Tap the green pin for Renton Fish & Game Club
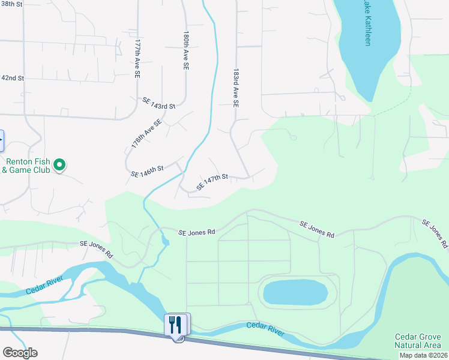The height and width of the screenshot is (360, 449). coord(59,164)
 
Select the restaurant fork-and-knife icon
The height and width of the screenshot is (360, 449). coord(176,324)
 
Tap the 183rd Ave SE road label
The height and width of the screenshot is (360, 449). coord(237,87)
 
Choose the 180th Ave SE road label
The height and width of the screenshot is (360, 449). coord(187,52)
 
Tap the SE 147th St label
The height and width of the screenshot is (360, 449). coord(212,181)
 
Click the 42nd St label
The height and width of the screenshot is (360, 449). coord(12,78)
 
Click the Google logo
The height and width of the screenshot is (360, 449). coord(20,352)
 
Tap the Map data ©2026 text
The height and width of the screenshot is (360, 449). coord(423,355)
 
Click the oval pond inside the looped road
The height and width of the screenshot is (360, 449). coord(295,292)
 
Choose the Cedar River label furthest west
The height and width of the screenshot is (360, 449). coord(44,289)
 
